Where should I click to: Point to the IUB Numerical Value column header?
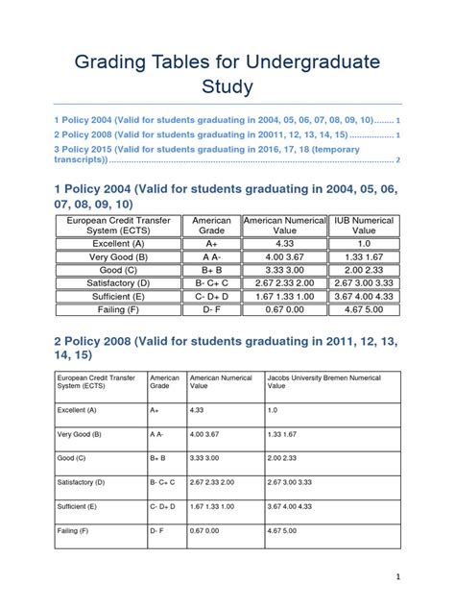coord(364,226)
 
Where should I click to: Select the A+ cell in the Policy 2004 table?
coord(212,244)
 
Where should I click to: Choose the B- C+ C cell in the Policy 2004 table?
coord(212,283)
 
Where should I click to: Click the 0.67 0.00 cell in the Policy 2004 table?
coord(285,310)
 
